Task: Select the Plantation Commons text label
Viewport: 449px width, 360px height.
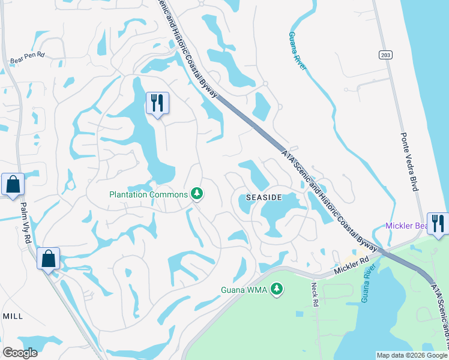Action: pos(148,194)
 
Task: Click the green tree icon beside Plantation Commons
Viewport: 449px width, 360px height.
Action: pos(196,193)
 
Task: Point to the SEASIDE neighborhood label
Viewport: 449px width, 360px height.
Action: pos(264,197)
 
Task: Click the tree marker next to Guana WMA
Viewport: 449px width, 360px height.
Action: pos(277,290)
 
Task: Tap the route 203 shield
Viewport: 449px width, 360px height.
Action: pos(386,55)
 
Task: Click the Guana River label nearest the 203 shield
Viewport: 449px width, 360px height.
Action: pos(297,52)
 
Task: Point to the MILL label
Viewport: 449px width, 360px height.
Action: pos(13,316)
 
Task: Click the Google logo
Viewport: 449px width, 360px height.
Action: pos(20,353)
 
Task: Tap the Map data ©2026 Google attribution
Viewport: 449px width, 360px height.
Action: pos(411,355)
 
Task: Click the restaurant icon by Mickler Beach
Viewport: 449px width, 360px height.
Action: pos(438,224)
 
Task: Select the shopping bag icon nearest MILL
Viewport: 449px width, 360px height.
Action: pos(48,259)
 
